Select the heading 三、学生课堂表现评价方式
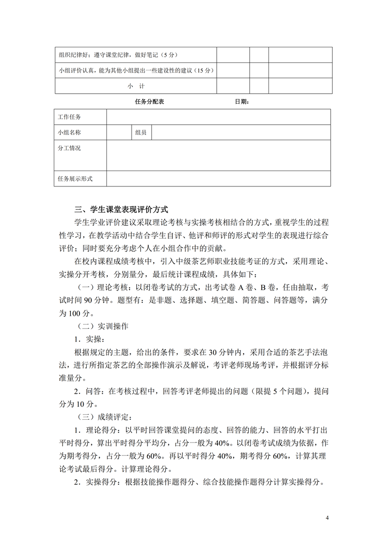[121, 210]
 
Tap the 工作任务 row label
[70, 117]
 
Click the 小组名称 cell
[70, 132]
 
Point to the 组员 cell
[141, 132]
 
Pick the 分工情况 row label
[70, 148]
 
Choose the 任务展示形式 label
[75, 179]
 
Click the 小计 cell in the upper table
[136, 86]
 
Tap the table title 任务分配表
[149, 102]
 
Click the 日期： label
[242, 102]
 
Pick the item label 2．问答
[89, 390]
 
